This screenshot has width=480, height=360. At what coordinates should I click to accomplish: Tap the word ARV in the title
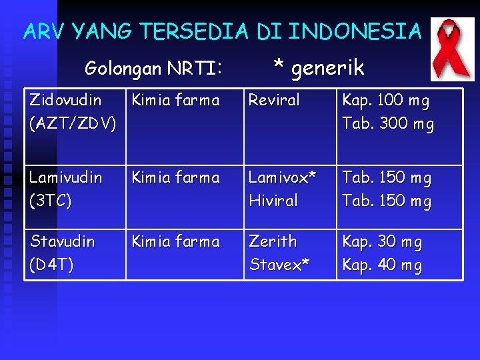point(45,31)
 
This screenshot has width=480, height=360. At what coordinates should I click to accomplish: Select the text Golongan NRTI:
point(153,68)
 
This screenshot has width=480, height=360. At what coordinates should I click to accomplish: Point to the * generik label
point(319,67)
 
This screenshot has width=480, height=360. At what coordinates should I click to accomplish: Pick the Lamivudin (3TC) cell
point(65,189)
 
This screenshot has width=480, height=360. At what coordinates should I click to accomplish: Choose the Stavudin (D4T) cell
point(62,253)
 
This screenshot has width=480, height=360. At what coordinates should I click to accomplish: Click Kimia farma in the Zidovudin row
point(175,101)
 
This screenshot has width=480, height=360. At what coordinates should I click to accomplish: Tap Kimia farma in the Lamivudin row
point(175,178)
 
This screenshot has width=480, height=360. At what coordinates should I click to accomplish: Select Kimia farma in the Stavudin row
point(175,241)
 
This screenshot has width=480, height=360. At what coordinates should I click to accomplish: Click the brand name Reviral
point(274,101)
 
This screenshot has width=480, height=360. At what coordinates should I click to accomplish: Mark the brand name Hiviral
point(273,201)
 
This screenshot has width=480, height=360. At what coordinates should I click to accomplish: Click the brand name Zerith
point(273,241)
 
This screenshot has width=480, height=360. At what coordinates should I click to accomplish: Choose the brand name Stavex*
point(279,265)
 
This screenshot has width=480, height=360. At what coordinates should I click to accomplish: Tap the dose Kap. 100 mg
point(386,101)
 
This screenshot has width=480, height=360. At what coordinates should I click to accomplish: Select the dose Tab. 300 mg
point(387,124)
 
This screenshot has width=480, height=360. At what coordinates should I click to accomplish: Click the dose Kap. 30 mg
point(382,242)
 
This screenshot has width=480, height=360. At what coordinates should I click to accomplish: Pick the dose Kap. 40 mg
point(382,265)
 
